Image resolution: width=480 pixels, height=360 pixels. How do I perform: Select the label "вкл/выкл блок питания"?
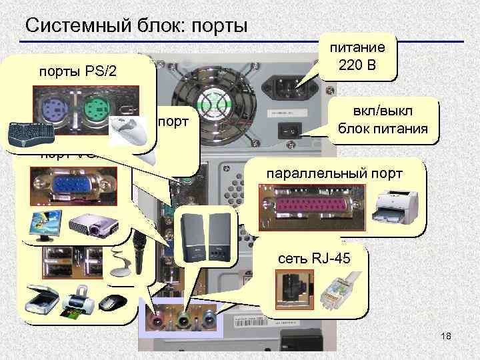pos(383,121)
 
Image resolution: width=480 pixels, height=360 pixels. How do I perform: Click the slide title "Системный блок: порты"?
pos(136,25)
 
